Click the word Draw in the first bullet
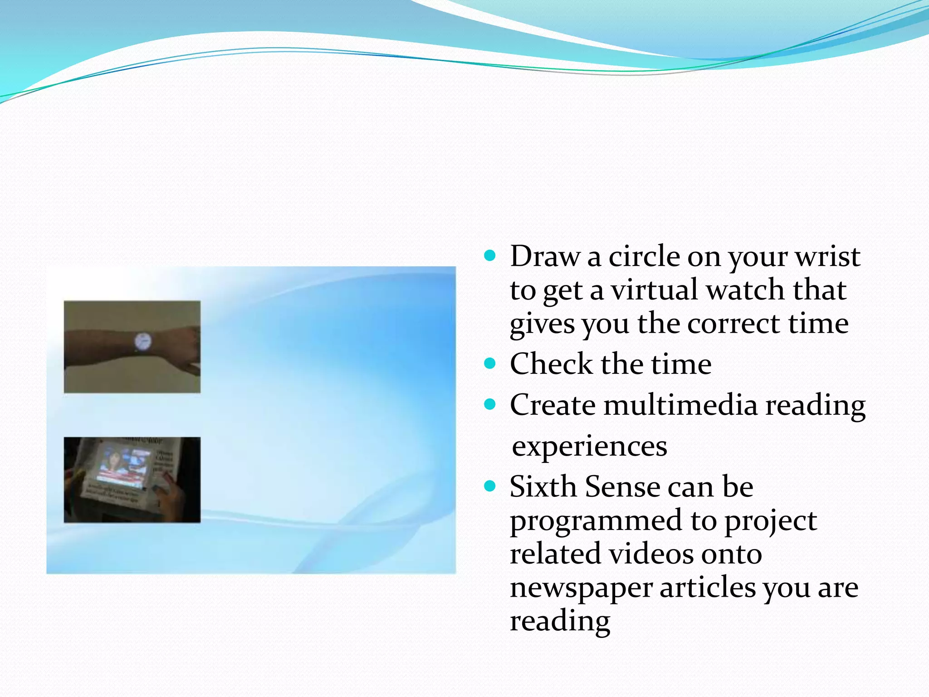click(x=545, y=256)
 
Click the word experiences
click(x=589, y=446)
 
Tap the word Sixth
click(x=543, y=486)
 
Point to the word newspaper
click(x=581, y=588)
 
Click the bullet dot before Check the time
click(x=489, y=363)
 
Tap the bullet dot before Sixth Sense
click(x=489, y=486)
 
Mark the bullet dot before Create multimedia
click(x=489, y=404)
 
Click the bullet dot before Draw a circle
click(x=489, y=256)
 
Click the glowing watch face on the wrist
click(x=142, y=341)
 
